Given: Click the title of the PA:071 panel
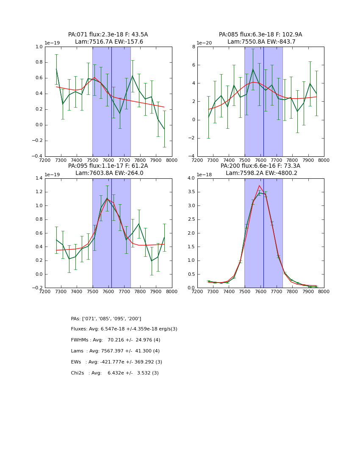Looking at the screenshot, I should point(108,38).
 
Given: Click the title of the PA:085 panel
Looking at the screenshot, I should point(260,38).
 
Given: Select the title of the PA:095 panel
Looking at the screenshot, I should point(108,169).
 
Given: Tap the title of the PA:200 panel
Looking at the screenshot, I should point(260,169).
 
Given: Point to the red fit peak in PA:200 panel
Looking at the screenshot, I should point(259,185).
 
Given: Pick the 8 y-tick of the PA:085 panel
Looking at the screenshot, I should point(193,47).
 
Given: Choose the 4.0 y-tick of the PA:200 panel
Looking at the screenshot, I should point(190,178).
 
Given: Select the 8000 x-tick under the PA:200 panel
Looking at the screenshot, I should point(324,291).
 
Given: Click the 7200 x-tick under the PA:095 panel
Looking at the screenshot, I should point(45,291).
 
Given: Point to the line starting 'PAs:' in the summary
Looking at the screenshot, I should point(106,319).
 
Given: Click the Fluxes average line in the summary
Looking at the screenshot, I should point(124,329).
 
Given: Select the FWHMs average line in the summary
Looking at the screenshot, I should point(115,340).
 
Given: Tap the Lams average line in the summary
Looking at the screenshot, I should point(115,351).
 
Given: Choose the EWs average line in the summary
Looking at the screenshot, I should point(116,362).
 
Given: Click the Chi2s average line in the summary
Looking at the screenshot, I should point(115,373).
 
